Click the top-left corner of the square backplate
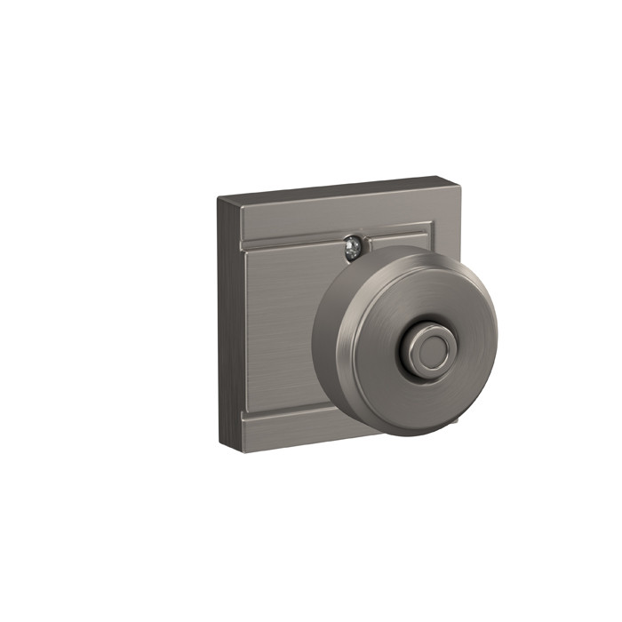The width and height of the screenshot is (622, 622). tap(219, 199)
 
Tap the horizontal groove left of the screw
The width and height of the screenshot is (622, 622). tap(293, 241)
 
